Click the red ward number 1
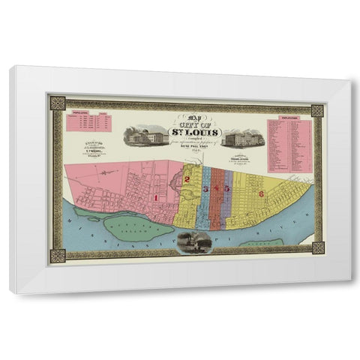point(155,197)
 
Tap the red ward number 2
point(186,180)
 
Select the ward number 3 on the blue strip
point(205,187)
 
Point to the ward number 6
point(261,193)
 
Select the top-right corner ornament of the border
point(317,111)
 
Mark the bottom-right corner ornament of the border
point(317,247)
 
